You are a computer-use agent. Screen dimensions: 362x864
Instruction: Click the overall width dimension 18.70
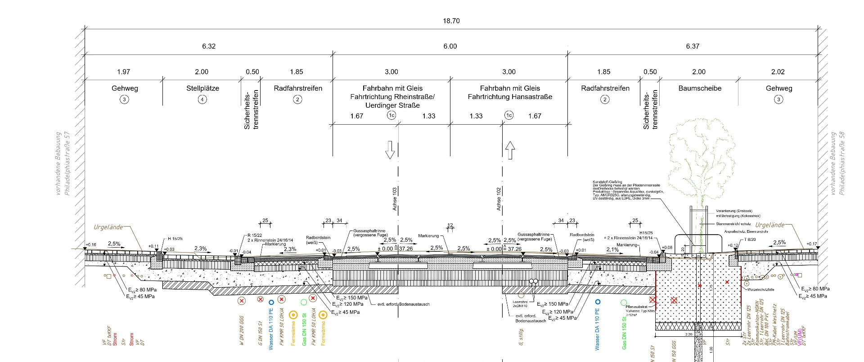coord(451,21)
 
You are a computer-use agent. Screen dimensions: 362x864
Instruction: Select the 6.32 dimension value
coord(209,46)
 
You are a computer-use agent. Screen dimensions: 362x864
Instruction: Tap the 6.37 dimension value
coord(693,46)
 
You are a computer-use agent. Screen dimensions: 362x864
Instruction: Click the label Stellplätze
coord(202,88)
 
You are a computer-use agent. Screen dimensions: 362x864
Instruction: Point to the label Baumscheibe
coord(700,88)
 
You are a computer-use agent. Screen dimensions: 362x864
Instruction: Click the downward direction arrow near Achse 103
coord(390,150)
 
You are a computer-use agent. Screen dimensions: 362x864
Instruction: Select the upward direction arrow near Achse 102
coord(510,150)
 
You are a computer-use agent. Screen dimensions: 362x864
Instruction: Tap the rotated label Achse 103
coord(395,199)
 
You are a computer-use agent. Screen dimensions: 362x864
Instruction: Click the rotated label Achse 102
coord(499,199)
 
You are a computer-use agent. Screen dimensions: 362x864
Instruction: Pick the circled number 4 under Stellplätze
coord(202,100)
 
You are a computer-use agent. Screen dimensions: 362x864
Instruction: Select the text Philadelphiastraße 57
coord(67,163)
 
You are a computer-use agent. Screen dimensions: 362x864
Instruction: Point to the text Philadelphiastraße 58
coord(842,163)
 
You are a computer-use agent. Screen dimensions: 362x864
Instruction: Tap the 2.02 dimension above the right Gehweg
coord(778,72)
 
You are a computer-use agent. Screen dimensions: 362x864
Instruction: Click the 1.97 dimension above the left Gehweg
coord(123,72)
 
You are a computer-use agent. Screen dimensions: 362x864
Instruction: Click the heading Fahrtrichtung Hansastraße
coord(510,97)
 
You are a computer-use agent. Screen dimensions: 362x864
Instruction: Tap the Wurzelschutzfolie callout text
coord(760,290)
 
